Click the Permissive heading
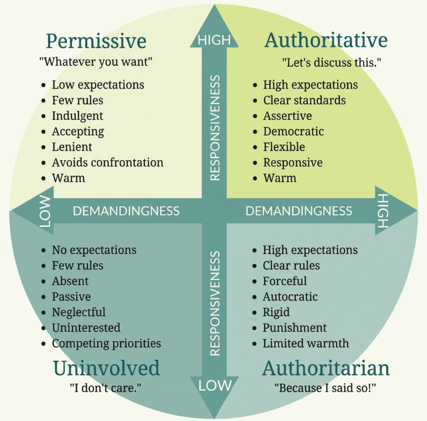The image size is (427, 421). [96, 41]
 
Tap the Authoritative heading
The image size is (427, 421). [326, 41]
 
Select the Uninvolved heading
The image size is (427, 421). [106, 368]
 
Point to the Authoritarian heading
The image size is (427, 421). [326, 368]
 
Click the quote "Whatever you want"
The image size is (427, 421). [95, 62]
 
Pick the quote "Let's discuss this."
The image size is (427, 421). [332, 63]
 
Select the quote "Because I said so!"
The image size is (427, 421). [325, 388]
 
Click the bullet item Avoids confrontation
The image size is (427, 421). [107, 162]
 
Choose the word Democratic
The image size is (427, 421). [293, 131]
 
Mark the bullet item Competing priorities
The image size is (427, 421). [106, 343]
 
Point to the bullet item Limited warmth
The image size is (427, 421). [305, 343]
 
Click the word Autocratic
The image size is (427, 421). [290, 297]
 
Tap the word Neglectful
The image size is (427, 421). [78, 312]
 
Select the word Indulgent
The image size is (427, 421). [77, 116]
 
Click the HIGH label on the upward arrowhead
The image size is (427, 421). [214, 40]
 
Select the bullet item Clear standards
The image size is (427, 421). [304, 100]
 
